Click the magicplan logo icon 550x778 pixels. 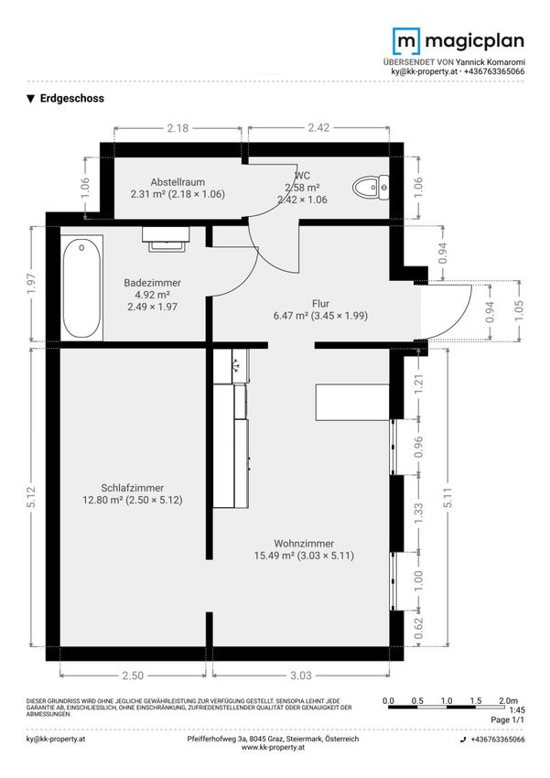coord(405,41)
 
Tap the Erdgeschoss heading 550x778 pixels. coord(72,98)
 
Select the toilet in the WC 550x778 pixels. coord(371,187)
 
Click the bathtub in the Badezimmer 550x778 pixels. coord(81,287)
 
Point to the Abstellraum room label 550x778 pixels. coord(178,182)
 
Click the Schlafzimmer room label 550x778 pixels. coord(133,488)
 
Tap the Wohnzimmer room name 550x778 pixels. coord(304,544)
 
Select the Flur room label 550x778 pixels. coord(321,303)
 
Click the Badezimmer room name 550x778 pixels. coord(152,282)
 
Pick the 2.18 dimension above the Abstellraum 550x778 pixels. coord(178,128)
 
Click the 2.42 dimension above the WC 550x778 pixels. coord(318,127)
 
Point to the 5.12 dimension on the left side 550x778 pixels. coord(31,497)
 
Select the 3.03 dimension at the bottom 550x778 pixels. coord(301,675)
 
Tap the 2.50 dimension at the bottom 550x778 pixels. coord(133,675)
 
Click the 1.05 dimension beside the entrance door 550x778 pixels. coord(519,310)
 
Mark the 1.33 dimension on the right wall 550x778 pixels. coord(418,513)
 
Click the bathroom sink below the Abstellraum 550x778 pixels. coord(166,239)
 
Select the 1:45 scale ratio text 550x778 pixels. coord(517,710)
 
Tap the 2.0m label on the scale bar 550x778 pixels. coord(508,700)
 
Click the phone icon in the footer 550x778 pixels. coord(463,740)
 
